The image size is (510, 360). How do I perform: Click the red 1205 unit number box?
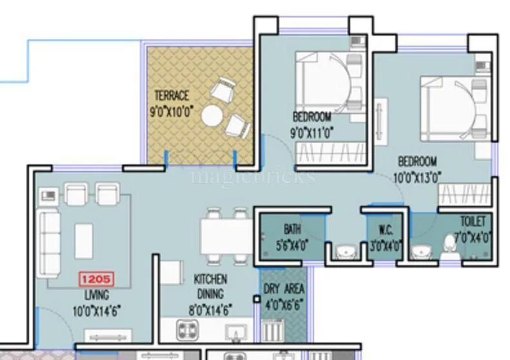96,280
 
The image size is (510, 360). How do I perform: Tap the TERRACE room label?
172,96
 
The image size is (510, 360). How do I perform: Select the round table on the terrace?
211,117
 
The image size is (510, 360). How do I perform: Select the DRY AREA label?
284,289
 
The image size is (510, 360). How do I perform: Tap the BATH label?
292,229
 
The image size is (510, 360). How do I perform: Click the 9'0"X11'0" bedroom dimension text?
312,133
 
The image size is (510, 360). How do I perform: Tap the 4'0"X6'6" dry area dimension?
284,304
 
